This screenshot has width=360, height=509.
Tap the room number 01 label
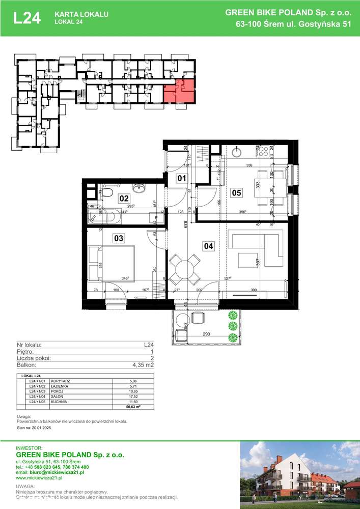182,178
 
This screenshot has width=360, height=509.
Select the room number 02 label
124,198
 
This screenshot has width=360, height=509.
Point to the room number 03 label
104,238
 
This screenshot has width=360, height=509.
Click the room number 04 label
208,246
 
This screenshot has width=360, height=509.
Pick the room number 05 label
236,192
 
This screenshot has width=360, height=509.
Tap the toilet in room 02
107,191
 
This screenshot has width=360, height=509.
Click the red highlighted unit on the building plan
179,91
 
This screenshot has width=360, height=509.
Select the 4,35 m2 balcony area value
143,365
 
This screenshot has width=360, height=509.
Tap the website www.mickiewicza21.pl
39,478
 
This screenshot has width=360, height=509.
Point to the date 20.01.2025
45,429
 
